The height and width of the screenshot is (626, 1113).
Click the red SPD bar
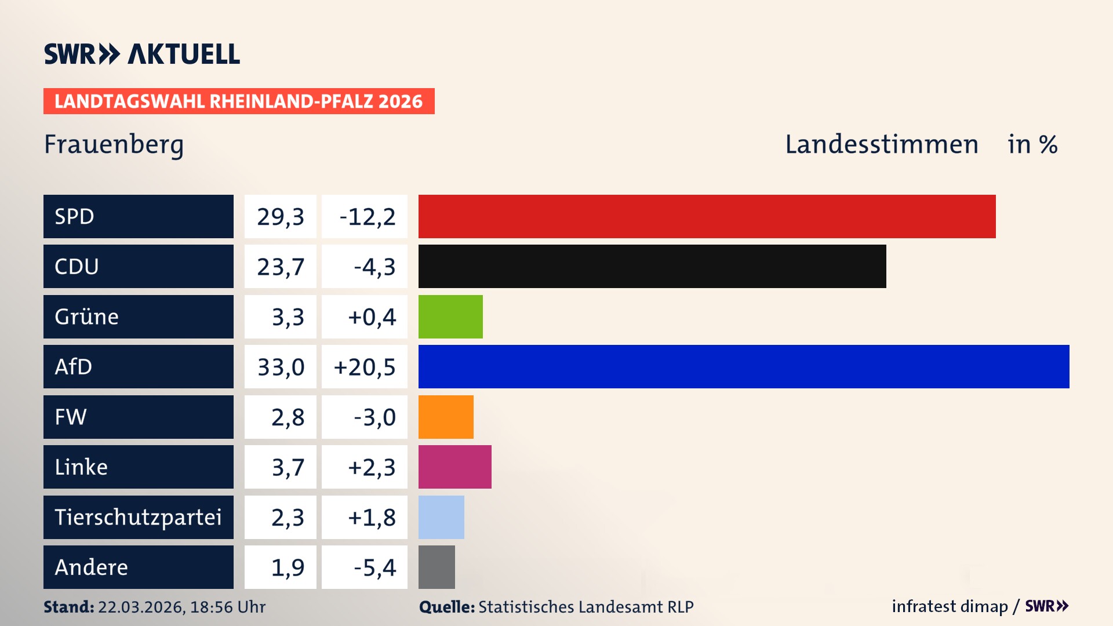click(x=707, y=216)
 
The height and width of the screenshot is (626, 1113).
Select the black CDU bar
click(x=652, y=267)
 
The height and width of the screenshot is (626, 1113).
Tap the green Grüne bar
click(x=450, y=316)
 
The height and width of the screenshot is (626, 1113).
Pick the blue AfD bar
click(x=744, y=366)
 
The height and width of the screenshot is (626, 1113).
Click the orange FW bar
click(x=446, y=417)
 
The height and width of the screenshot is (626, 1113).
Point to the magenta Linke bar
click(x=454, y=467)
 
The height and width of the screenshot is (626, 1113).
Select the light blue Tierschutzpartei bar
click(x=441, y=517)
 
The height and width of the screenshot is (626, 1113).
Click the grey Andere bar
click(x=437, y=567)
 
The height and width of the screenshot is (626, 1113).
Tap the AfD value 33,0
click(x=281, y=367)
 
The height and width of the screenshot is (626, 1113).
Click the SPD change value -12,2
click(x=366, y=217)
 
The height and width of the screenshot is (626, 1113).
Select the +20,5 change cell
click(x=365, y=367)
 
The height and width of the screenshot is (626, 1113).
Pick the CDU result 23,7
click(x=281, y=267)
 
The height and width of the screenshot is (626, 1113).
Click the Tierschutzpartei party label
click(x=138, y=517)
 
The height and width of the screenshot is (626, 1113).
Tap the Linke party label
click(x=81, y=467)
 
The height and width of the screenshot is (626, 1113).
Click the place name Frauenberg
click(x=114, y=144)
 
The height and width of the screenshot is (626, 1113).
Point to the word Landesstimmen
click(x=881, y=144)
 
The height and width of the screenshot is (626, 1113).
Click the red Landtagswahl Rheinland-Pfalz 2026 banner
click(x=239, y=101)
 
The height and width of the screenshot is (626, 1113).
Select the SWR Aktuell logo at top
click(x=142, y=54)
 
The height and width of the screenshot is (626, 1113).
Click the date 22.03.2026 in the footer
click(x=141, y=607)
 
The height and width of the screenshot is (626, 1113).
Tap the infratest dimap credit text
click(x=950, y=606)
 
